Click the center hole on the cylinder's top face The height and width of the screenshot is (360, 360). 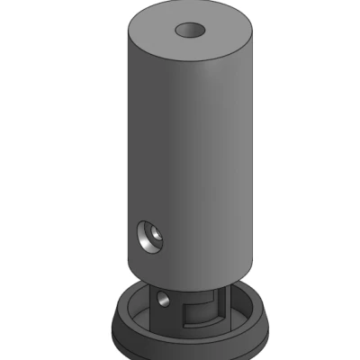click(191, 30)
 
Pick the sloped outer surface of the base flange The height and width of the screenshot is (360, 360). click(135, 335)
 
